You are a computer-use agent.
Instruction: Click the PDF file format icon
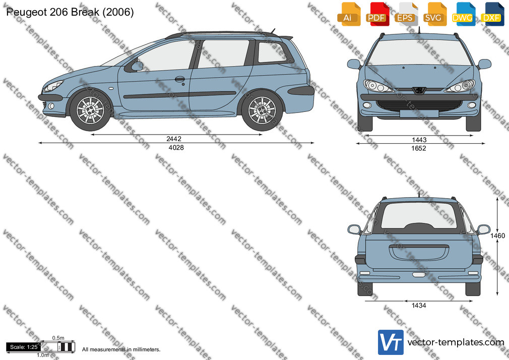coord(378,14)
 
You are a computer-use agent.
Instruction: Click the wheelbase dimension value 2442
coord(174,139)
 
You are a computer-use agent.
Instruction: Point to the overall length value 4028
coord(176,148)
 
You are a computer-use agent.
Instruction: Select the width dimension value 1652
coord(419,148)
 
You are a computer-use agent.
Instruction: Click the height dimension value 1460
coord(497,235)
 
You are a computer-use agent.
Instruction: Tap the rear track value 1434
coord(419,306)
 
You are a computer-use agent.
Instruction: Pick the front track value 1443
coord(419,140)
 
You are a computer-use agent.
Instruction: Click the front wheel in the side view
coord(90,110)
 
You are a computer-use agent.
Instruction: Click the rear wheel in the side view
coord(262,110)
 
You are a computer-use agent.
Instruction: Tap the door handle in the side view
coord(179,79)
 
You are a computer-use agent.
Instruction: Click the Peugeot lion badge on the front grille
coord(419,90)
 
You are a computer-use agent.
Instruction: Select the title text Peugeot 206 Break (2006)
coord(70,12)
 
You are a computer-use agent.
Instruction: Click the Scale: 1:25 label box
coord(24,347)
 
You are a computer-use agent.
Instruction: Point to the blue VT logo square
coord(391,342)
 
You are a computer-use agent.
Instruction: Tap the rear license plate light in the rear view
coord(419,275)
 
